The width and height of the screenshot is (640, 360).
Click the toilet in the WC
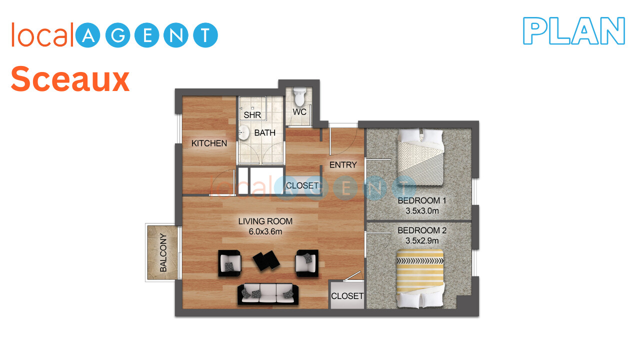tap(299, 96)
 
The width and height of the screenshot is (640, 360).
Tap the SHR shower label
tap(252, 115)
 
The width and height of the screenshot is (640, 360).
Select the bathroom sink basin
tap(243, 132)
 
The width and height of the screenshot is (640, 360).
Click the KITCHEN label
tap(209, 143)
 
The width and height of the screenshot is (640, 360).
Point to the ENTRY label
tap(343, 165)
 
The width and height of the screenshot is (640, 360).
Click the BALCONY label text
tap(163, 252)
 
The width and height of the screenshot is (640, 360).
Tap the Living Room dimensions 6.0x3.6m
tap(265, 231)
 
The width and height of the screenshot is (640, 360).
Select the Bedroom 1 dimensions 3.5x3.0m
tap(422, 211)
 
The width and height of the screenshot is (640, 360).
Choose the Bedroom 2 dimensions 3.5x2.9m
tap(422, 240)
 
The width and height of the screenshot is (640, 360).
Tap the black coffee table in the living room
tap(266, 260)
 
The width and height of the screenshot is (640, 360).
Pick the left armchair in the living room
tap(229, 263)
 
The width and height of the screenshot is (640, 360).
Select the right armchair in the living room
tap(307, 263)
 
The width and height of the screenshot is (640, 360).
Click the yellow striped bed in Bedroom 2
tap(420, 278)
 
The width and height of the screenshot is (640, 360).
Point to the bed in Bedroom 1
tap(420, 157)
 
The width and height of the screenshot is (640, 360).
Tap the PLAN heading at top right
tap(573, 30)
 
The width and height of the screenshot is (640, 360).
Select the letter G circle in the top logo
tap(117, 35)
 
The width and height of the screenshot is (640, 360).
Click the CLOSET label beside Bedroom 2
tap(347, 296)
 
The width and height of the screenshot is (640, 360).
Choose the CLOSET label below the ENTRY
tap(302, 185)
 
